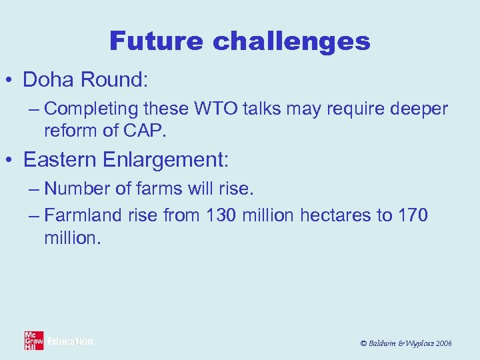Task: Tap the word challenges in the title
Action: pos(291,41)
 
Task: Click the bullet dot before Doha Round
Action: pos(12,81)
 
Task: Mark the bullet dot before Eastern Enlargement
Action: pos(12,160)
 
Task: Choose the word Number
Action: pos(76,189)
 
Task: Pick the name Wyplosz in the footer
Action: pos(413,343)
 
